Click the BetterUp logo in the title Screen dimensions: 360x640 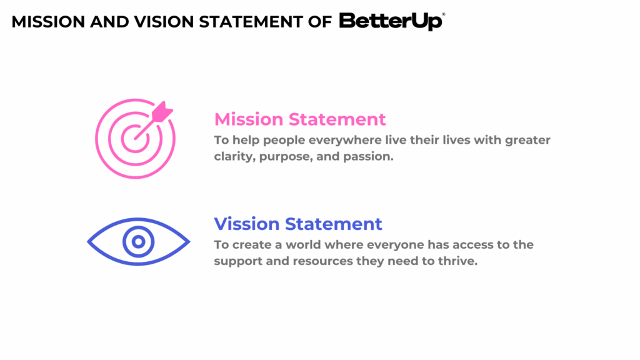(x=391, y=21)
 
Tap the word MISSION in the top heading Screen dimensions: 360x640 (x=47, y=22)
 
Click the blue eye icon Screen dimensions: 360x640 (x=138, y=241)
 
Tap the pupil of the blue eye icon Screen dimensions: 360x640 (x=138, y=241)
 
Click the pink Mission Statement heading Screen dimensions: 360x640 (x=300, y=119)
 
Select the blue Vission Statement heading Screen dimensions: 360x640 (x=298, y=223)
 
